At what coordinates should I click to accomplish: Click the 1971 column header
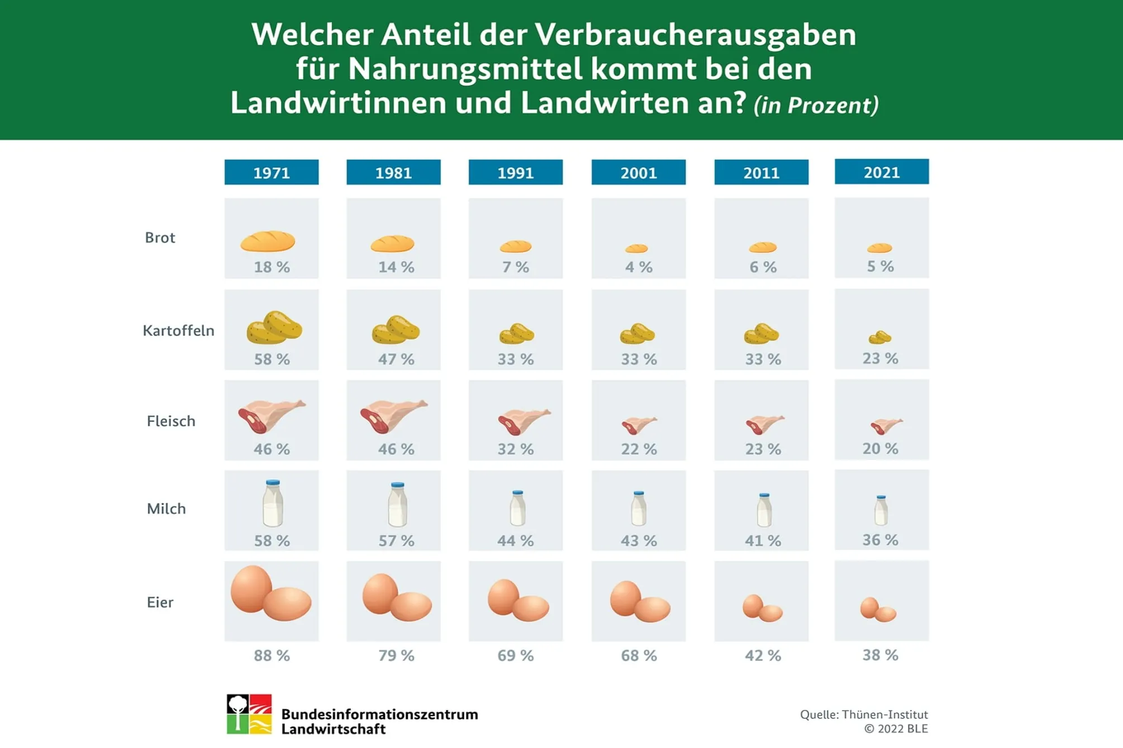(272, 172)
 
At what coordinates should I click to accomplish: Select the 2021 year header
(882, 172)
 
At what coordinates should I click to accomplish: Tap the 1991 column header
(515, 172)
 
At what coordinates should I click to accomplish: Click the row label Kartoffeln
(178, 330)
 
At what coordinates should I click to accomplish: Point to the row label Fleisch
(171, 421)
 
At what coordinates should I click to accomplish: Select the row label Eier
(160, 602)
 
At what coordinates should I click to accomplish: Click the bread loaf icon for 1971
(268, 241)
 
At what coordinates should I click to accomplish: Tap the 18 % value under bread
(272, 267)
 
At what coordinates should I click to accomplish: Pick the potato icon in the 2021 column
(880, 337)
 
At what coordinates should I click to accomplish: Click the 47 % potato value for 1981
(396, 359)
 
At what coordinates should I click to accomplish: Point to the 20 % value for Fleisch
(880, 448)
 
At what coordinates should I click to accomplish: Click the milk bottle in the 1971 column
(273, 504)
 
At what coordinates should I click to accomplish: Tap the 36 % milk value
(880, 540)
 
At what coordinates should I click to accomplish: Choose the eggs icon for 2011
(762, 608)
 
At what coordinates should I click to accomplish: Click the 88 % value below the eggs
(272, 655)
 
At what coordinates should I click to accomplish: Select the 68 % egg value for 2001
(639, 655)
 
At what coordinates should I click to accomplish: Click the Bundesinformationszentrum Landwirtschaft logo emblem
(249, 714)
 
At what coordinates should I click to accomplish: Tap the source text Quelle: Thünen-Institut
(863, 715)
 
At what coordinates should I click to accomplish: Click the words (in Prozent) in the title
(816, 106)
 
